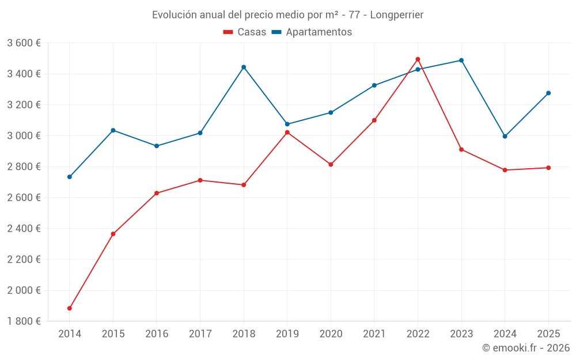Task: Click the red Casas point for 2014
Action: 70,308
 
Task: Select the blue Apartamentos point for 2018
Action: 244,67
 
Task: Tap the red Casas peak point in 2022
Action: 418,59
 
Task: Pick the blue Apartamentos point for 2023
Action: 461,60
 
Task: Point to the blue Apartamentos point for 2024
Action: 505,137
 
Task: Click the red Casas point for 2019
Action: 287,132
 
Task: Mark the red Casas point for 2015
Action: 113,234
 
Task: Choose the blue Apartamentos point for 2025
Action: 548,93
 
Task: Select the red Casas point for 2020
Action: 331,165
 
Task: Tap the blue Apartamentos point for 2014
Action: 70,177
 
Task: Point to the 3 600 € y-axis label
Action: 24,43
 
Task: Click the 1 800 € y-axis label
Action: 24,321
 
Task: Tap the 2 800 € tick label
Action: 24,167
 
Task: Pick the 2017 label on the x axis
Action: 200,334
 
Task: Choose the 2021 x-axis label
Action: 374,334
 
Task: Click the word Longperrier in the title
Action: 397,15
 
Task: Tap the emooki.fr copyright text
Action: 526,348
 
